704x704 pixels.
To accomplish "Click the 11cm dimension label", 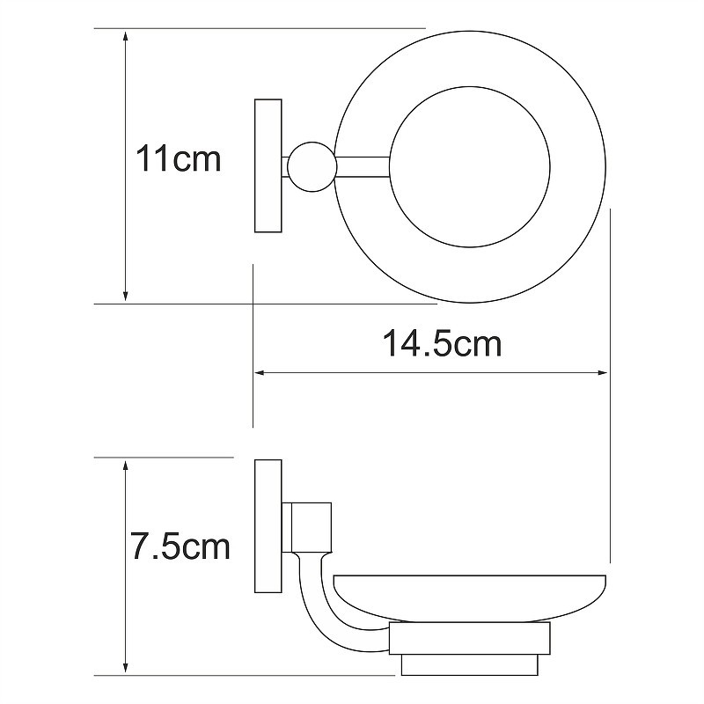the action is point(179,158).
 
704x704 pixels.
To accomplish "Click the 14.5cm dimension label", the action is point(443,344).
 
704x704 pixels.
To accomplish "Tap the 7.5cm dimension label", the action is point(180,546).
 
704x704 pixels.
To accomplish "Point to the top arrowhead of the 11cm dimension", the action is point(126,35).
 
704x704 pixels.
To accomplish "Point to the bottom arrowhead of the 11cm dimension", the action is point(126,297).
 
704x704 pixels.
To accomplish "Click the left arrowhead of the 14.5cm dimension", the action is point(261,372).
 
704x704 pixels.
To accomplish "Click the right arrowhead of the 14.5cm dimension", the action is point(601,372).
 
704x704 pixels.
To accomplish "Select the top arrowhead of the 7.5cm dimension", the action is point(126,466).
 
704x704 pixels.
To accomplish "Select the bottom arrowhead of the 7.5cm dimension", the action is point(126,668).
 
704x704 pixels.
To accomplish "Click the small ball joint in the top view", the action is point(312,167).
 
